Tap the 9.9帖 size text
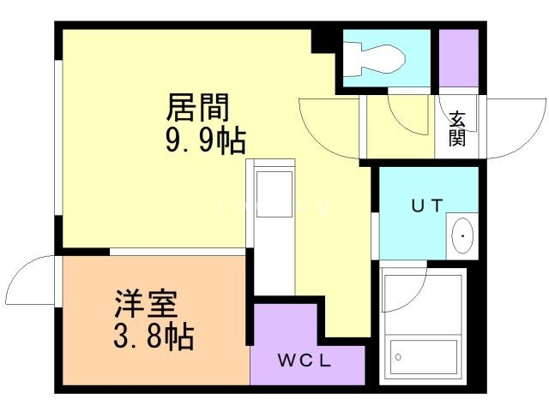(x=206, y=140)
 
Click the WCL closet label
(x=305, y=360)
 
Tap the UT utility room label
(x=425, y=205)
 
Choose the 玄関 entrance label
(x=456, y=128)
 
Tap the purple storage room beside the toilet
(x=459, y=57)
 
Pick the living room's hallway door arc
(x=326, y=128)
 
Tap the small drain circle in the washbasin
(x=463, y=234)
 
